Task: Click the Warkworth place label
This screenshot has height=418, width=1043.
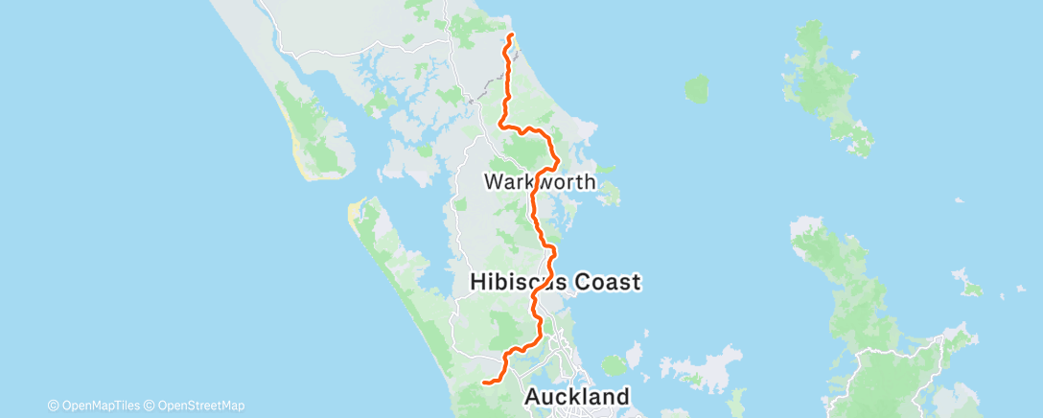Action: point(540,181)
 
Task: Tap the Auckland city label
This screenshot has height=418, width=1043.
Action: point(577,396)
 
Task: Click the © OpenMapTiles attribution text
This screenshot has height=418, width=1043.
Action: point(98,405)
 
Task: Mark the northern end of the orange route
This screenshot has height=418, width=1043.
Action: point(511,35)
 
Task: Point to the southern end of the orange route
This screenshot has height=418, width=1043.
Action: point(483,383)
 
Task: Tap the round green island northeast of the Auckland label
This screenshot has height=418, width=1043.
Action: point(613,365)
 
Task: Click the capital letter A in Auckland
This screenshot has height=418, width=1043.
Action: point(533,396)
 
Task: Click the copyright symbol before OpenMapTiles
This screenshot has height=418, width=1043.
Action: point(53,405)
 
